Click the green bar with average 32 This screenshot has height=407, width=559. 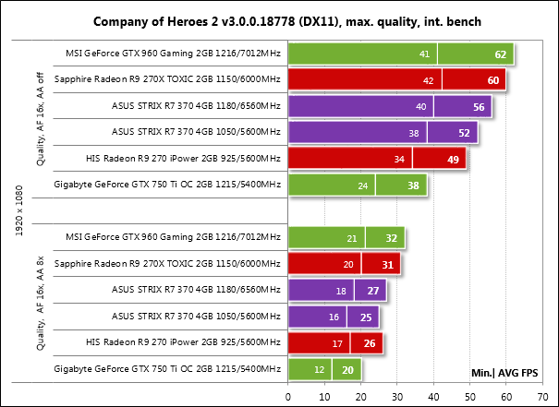[x=346, y=238]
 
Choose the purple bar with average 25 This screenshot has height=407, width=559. [x=334, y=317]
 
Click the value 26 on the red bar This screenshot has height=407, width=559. [x=371, y=343]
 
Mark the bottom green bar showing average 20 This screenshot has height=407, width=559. [x=324, y=370]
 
